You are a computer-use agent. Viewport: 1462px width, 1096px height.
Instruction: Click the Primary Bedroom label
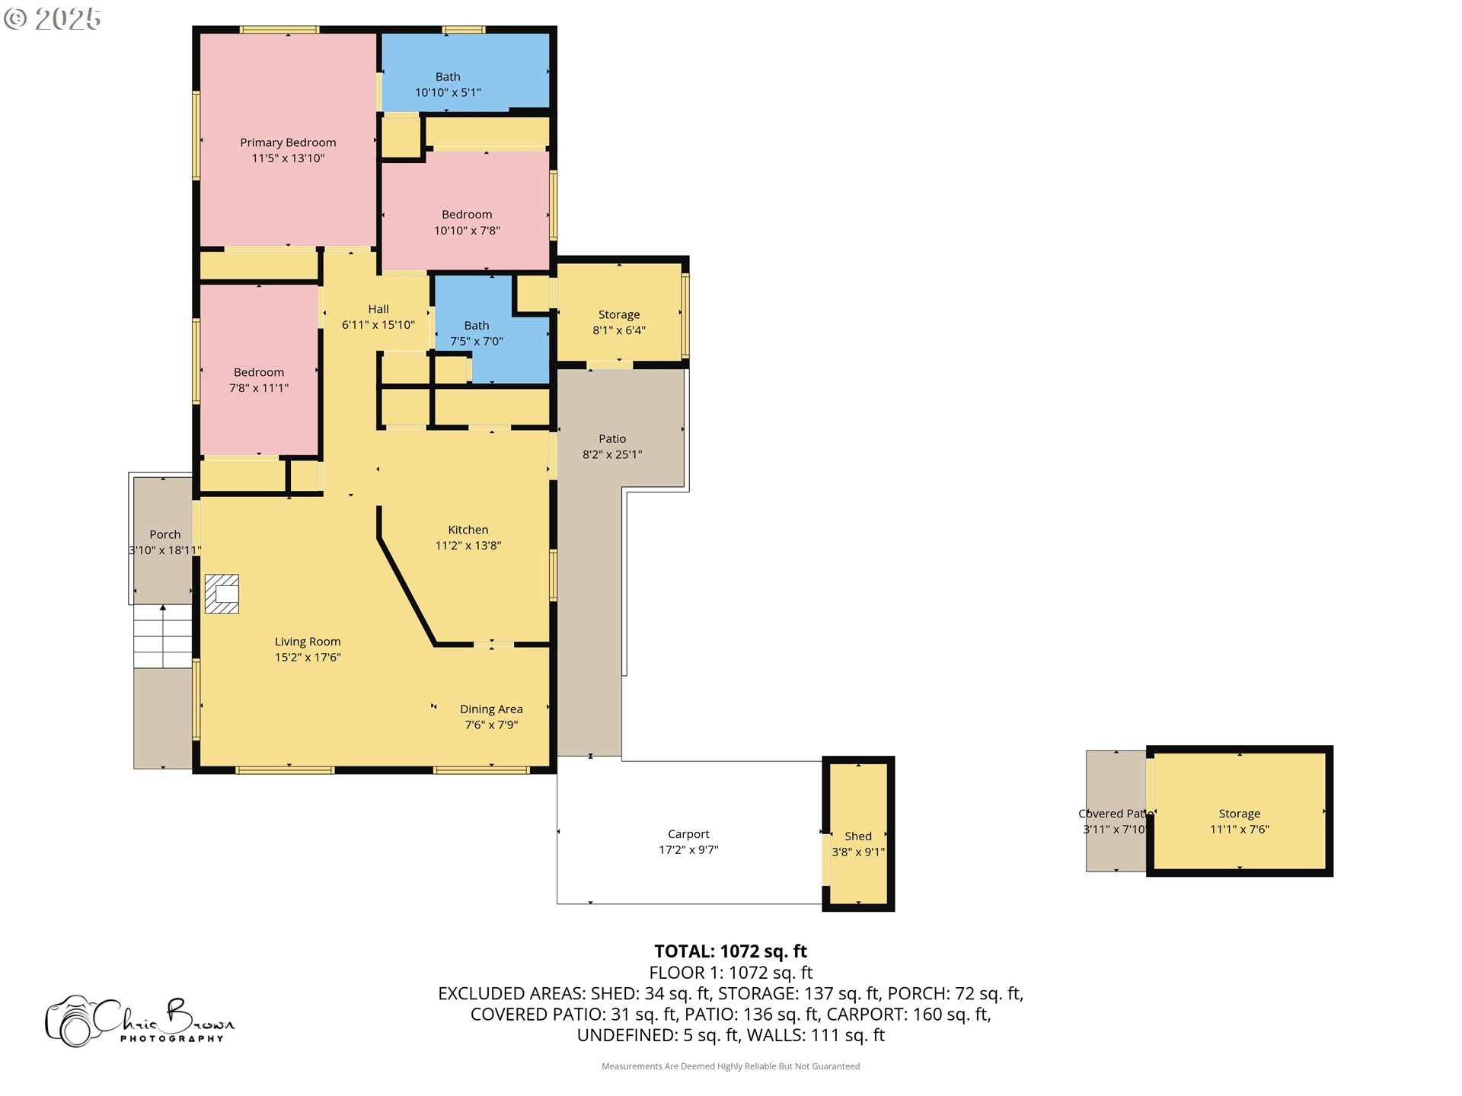[288, 142]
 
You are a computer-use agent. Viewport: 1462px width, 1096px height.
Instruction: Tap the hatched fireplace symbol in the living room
[222, 594]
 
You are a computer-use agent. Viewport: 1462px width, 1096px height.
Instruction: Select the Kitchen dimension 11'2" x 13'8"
[468, 546]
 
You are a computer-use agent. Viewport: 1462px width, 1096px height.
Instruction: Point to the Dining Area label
[491, 709]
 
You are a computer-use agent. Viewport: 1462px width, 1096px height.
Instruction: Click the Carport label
[688, 834]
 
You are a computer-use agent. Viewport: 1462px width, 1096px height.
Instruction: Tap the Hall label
[378, 309]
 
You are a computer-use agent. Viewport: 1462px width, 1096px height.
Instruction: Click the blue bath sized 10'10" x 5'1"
[464, 72]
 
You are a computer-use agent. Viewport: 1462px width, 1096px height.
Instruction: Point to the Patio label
[612, 439]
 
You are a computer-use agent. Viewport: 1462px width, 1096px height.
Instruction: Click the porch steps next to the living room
[163, 637]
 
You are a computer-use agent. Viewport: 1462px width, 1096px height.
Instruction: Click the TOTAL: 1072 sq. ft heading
[730, 951]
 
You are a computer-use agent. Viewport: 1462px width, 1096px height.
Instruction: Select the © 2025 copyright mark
[52, 19]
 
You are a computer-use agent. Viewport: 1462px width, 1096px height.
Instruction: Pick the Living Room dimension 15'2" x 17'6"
[308, 658]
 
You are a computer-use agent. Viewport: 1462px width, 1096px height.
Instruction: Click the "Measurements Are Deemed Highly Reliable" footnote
[730, 1066]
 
